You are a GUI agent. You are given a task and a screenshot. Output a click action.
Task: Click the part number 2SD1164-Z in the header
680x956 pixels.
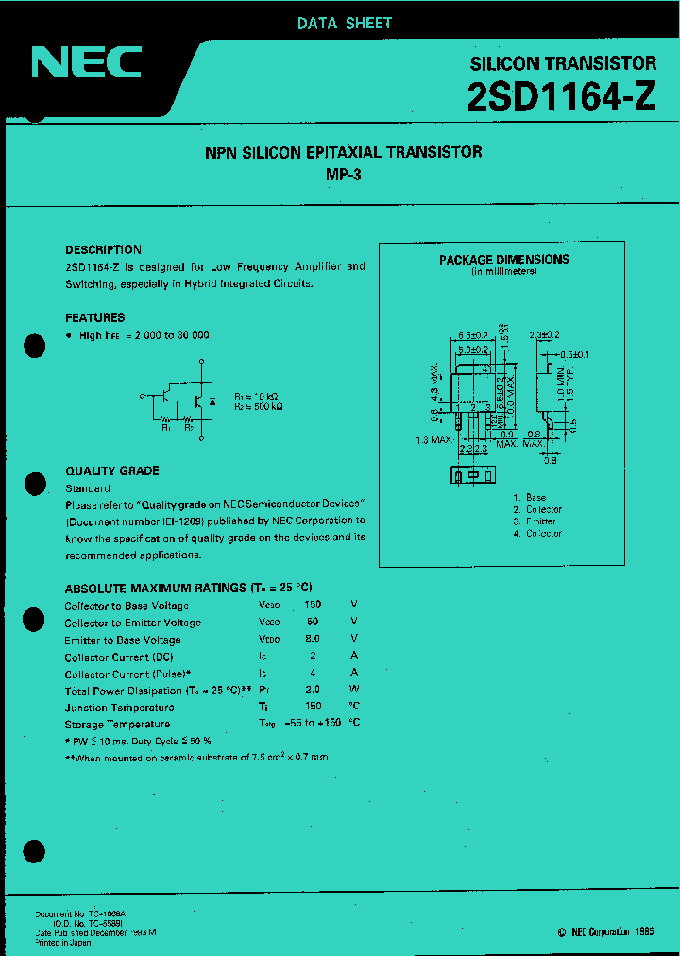tap(561, 97)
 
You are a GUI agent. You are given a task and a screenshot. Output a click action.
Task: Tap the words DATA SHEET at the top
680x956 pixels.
tap(344, 24)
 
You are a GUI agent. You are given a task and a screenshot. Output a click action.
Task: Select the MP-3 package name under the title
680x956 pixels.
tap(343, 174)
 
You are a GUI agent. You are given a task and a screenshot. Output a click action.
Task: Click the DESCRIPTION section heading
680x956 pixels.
tap(103, 249)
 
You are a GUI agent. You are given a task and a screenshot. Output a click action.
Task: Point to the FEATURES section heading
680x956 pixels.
tap(94, 318)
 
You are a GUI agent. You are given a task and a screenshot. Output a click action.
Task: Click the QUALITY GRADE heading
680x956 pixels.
tap(111, 470)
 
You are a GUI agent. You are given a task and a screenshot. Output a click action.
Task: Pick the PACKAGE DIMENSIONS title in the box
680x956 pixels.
tap(503, 259)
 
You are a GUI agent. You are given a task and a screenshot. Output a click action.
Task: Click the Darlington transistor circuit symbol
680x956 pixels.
tap(179, 399)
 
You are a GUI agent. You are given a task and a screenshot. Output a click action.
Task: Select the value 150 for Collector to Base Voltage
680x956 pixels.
tap(313, 606)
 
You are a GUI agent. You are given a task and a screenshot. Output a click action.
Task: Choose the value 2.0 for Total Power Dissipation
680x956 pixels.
tap(313, 691)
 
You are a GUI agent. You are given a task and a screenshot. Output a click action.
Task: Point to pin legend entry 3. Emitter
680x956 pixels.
tap(535, 521)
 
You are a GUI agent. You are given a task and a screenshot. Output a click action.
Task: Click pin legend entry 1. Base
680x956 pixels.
tap(529, 497)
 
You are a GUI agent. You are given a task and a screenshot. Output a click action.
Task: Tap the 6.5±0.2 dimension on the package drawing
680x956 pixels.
tap(473, 335)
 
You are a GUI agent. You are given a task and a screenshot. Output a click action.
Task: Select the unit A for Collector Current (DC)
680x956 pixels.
tap(354, 657)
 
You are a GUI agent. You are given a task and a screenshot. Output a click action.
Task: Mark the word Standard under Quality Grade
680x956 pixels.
tap(87, 488)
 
